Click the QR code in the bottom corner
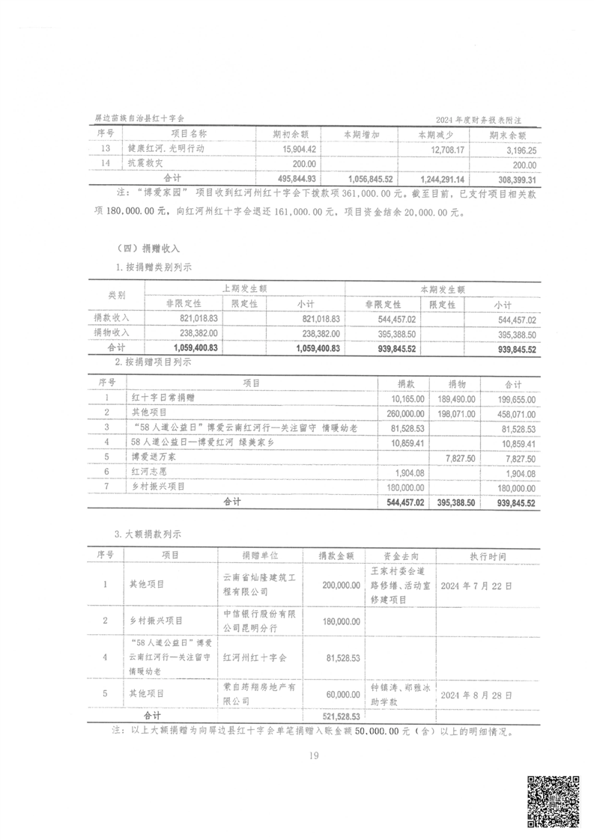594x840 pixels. [x=554, y=801]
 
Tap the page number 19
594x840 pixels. [x=313, y=755]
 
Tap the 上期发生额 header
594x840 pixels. [x=244, y=288]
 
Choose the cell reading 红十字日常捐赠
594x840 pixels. [x=167, y=398]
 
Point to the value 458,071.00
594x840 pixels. [x=515, y=413]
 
